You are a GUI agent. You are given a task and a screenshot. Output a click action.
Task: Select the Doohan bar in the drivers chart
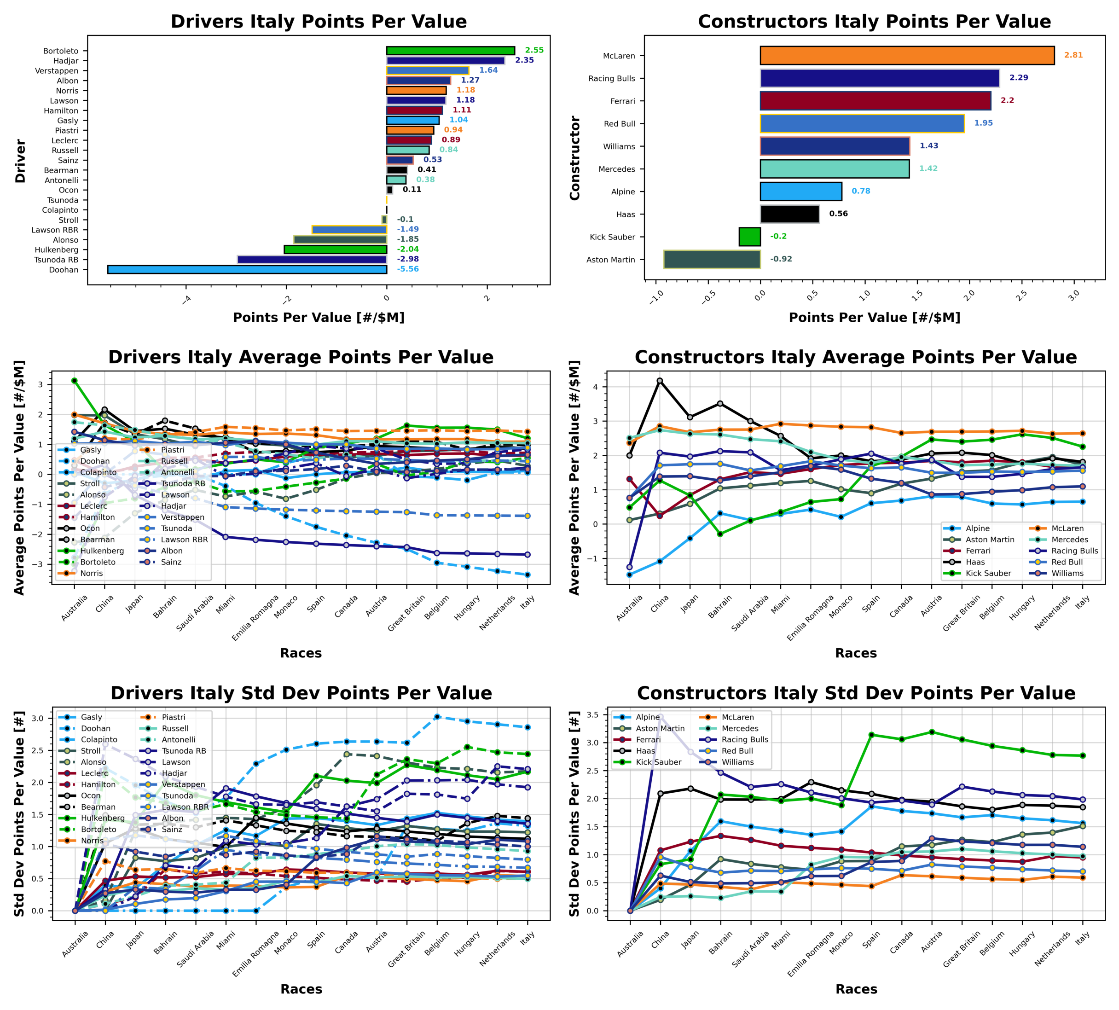tap(247, 270)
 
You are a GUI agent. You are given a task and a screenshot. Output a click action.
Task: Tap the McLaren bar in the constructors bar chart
tap(906, 56)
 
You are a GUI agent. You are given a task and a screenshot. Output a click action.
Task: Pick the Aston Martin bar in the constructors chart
tap(711, 259)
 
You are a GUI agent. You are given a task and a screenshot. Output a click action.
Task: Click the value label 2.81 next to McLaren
tap(1073, 55)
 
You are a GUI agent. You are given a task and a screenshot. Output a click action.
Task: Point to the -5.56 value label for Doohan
tap(408, 269)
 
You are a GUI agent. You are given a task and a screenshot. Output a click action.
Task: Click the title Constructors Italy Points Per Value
tap(874, 22)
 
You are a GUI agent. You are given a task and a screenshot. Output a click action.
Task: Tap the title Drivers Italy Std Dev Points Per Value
tap(301, 693)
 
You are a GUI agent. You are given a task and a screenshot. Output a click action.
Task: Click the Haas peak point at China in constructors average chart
tap(660, 381)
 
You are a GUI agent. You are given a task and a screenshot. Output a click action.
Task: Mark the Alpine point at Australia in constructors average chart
tap(630, 575)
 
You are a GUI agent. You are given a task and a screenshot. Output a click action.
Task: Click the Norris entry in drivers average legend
tap(92, 573)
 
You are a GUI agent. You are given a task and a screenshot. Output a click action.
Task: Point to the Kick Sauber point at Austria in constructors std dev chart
tap(932, 732)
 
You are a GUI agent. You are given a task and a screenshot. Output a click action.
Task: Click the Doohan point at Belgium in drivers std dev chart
tap(437, 716)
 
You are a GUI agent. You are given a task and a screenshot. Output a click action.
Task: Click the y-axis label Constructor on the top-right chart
tap(575, 158)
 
